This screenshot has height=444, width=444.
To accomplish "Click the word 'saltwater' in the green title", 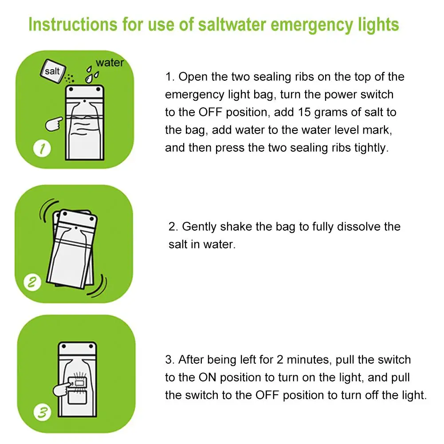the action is (x=232, y=24).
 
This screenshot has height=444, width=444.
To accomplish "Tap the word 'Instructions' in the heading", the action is (x=73, y=24).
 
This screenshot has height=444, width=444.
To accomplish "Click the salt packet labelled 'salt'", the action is (x=53, y=71).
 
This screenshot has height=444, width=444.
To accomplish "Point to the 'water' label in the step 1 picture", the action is (x=110, y=63).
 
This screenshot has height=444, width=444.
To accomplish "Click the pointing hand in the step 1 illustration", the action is (x=54, y=124).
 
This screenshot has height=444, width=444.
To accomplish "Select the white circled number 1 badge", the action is (x=42, y=149).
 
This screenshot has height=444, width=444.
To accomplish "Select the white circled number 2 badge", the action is (x=32, y=282).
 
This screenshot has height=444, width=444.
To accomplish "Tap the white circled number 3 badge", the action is (x=43, y=412).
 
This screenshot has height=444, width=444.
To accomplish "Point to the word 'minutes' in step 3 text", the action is (x=309, y=360).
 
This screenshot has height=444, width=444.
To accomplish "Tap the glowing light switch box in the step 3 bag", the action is (x=77, y=383).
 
